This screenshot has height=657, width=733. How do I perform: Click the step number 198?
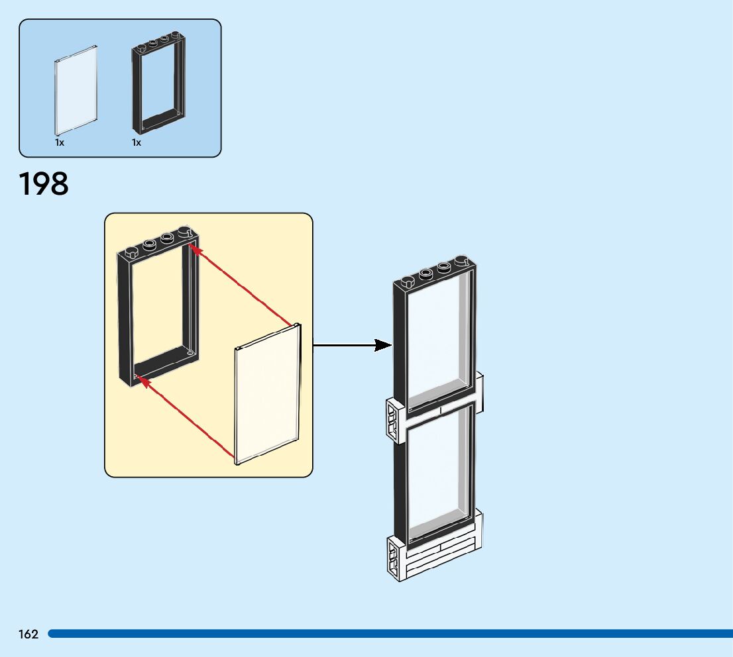pos(44,184)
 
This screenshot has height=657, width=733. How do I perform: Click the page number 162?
pos(28,634)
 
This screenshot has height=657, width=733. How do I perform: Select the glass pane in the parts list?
pos(76,89)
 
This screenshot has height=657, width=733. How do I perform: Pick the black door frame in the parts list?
pos(158,85)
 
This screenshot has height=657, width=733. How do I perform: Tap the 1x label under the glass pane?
pos(60,142)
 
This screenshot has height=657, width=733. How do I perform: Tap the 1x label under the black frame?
pos(137,142)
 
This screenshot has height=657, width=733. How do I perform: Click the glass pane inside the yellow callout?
pos(266,395)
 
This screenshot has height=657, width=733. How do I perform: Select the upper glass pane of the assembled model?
pos(439,341)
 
